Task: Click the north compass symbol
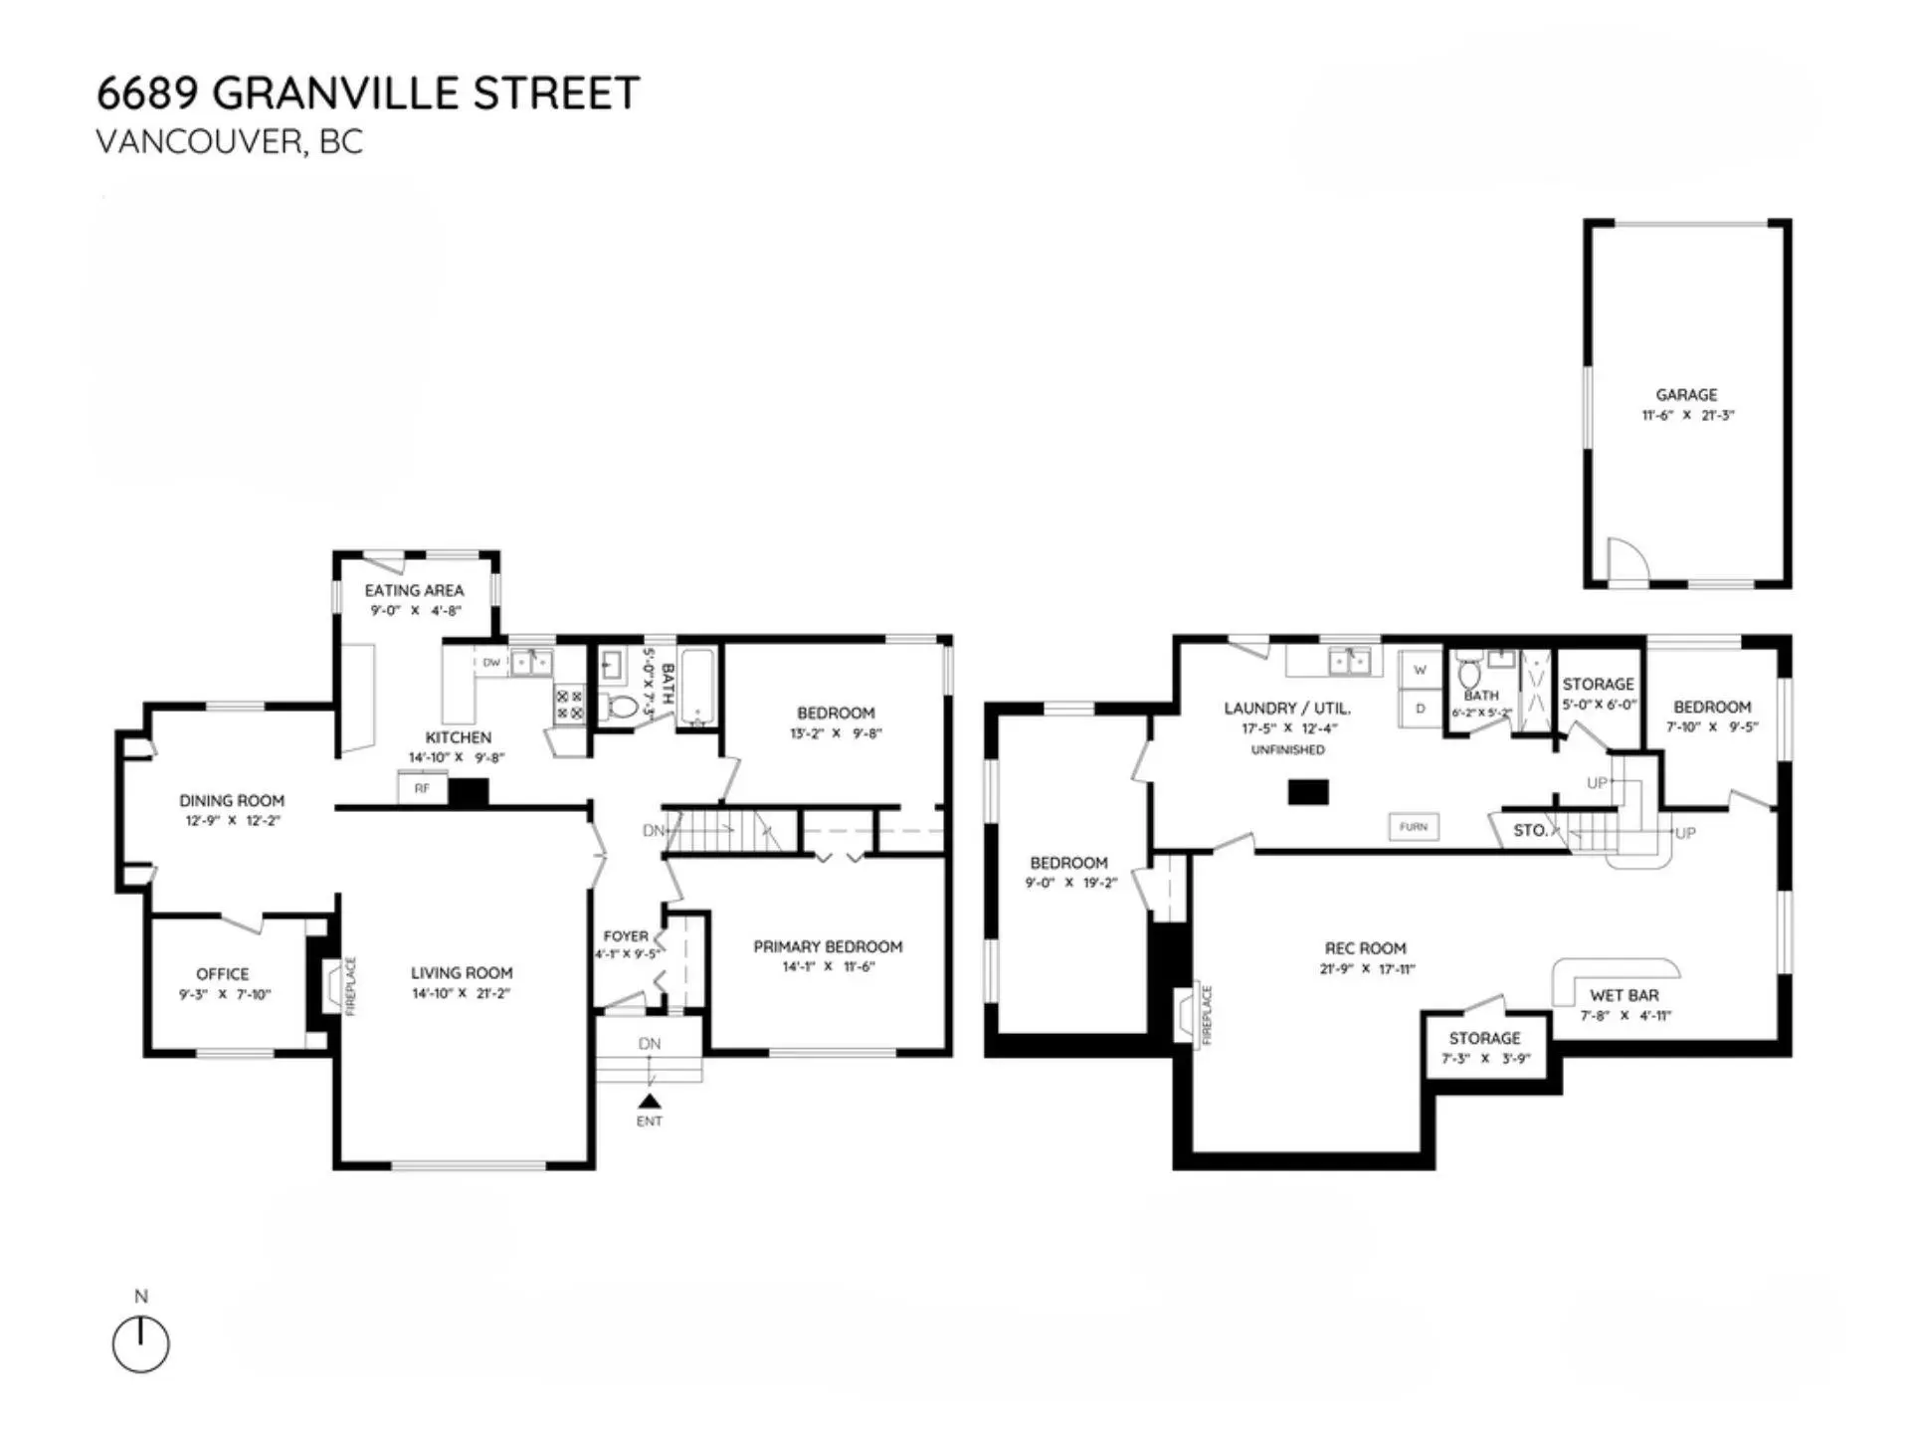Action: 140,1344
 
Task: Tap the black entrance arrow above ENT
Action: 650,1101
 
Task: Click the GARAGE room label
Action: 1686,395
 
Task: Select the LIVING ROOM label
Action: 462,973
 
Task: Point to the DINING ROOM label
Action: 232,801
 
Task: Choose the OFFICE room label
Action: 223,974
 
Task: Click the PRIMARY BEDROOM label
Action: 828,947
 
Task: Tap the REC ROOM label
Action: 1365,949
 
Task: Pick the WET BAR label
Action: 1623,995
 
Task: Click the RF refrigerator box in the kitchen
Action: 422,789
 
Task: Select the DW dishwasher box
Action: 491,663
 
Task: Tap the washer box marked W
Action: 1421,671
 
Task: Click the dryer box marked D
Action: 1421,710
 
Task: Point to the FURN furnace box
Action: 1413,827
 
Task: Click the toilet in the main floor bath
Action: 623,708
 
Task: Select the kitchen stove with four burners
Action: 570,706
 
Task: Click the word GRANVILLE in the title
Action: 335,94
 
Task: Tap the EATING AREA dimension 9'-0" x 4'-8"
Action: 416,611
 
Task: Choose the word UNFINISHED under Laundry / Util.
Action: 1287,750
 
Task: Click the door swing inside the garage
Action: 1623,559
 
